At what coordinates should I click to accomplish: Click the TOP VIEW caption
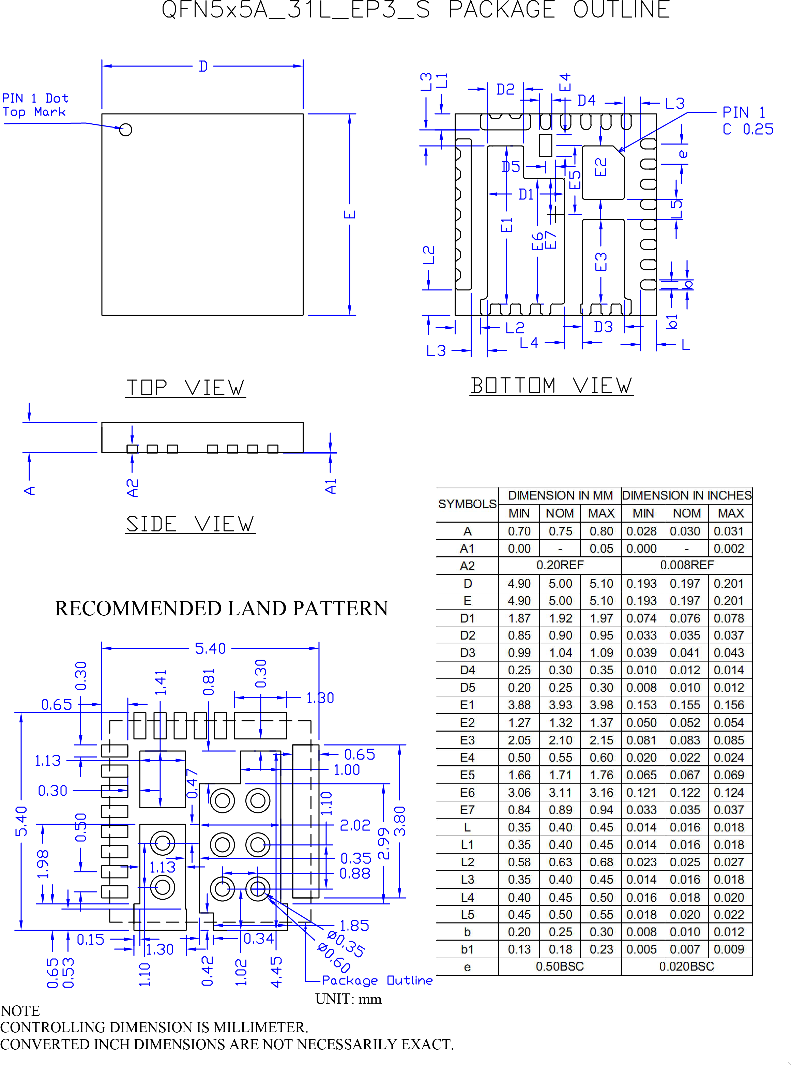tap(185, 387)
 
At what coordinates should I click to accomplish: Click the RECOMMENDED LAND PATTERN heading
tap(221, 608)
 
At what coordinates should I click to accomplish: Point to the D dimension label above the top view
tap(203, 66)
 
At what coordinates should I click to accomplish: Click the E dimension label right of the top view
tap(350, 214)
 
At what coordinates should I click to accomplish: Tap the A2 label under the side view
tap(132, 488)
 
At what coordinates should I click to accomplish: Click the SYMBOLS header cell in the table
tap(467, 504)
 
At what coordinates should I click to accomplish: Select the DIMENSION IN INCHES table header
tap(687, 495)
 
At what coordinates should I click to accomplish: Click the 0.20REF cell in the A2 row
tap(560, 565)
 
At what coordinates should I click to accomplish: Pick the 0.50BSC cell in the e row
tap(560, 966)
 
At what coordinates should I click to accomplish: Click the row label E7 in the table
tap(467, 810)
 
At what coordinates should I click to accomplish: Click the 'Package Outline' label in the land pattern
tap(377, 980)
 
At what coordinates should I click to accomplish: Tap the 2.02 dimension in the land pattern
tap(355, 825)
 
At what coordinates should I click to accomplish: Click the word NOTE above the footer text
tap(20, 1011)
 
